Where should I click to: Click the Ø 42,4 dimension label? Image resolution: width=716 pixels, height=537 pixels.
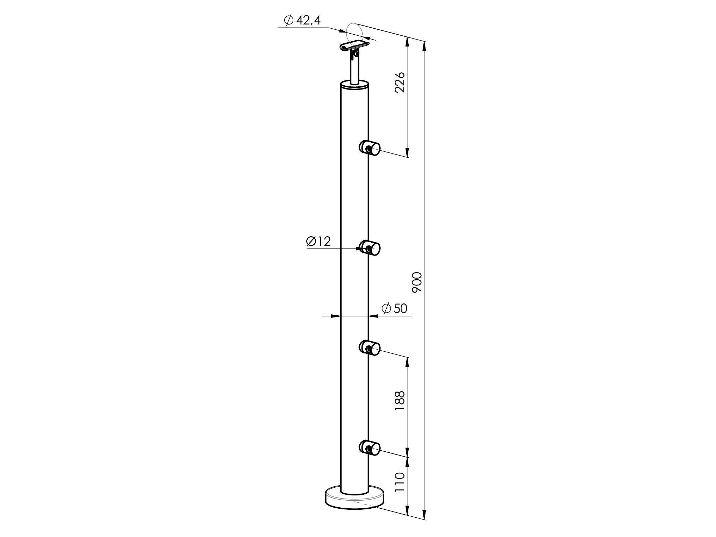tap(302, 21)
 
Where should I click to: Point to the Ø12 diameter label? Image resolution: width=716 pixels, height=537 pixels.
tap(318, 241)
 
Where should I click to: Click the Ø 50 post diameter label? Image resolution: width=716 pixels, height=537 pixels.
tap(395, 308)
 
